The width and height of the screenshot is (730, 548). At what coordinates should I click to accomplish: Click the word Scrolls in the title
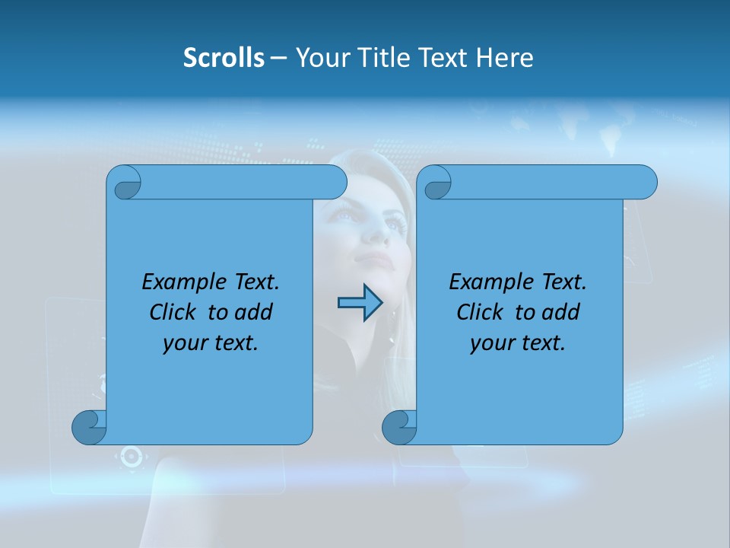[x=224, y=58]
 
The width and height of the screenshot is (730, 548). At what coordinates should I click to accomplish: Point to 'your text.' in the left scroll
[x=211, y=342]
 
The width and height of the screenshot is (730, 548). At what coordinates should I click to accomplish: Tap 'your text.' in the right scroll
[x=518, y=342]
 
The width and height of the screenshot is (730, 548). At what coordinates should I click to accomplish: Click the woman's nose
[x=375, y=236]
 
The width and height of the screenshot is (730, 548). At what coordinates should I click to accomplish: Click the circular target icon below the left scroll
[x=130, y=457]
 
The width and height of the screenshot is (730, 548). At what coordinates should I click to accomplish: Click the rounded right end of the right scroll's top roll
[x=646, y=182]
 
